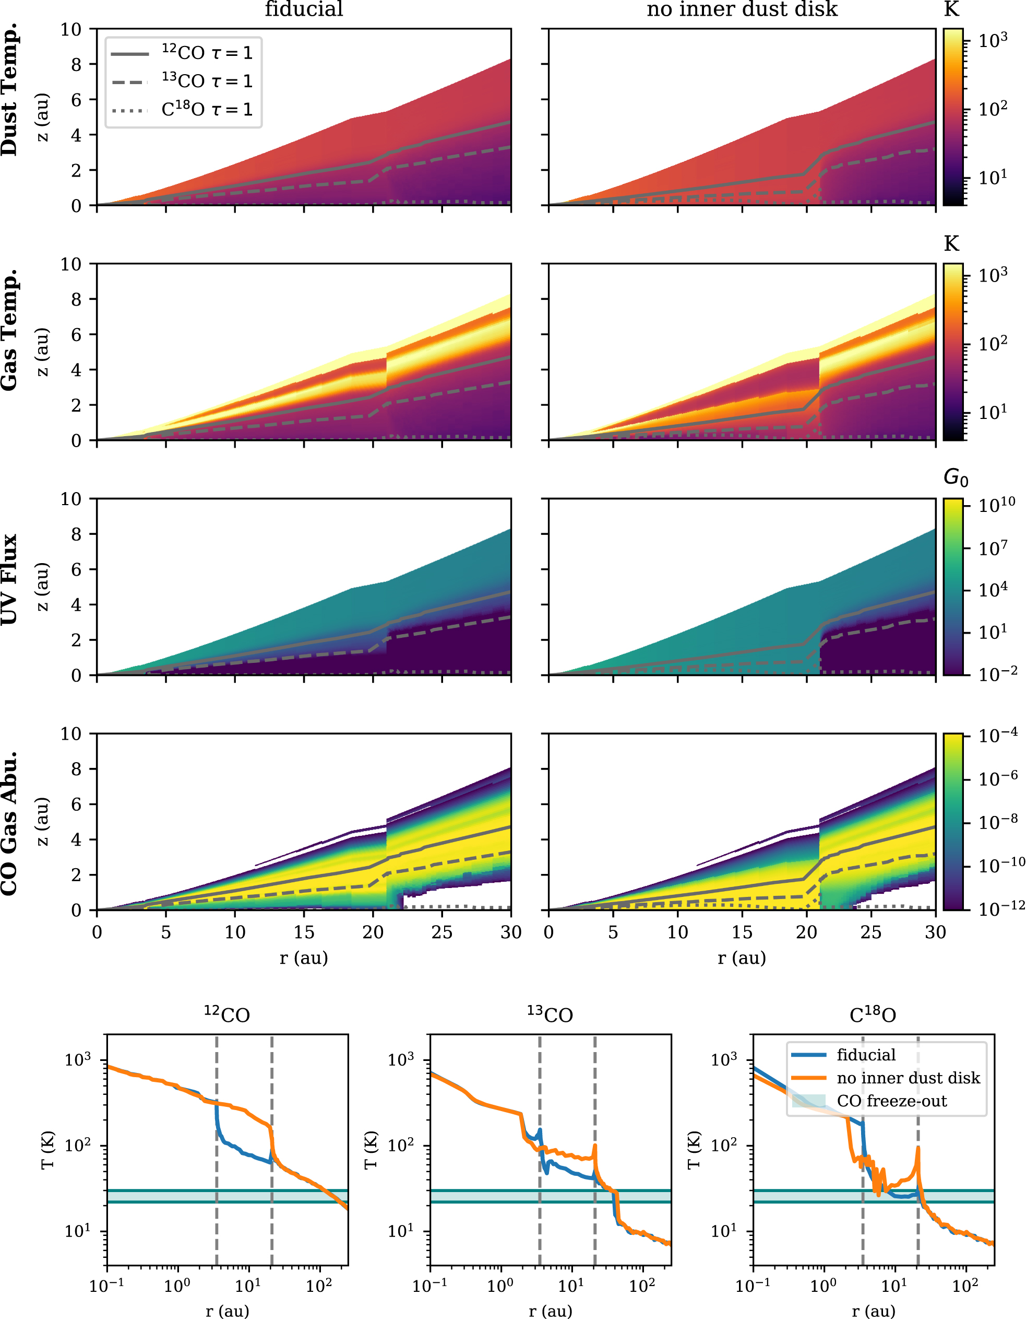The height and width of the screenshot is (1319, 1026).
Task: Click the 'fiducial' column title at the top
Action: tap(304, 9)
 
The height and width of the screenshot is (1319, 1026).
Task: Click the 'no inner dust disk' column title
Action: tap(742, 9)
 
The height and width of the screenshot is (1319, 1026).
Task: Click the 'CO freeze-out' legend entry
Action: tap(891, 1101)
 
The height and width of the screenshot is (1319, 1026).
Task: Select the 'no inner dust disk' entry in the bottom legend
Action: tap(908, 1078)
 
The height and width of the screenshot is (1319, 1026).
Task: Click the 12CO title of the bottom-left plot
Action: tap(227, 1014)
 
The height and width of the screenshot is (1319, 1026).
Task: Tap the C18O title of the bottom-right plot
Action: tap(873, 1014)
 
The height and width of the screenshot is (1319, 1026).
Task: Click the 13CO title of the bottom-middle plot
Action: tap(550, 1014)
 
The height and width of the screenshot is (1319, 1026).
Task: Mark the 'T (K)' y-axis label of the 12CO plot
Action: tap(49, 1150)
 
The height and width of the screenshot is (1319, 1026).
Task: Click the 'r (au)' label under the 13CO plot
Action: tap(550, 1311)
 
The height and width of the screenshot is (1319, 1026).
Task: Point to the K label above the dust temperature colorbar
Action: tap(951, 9)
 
